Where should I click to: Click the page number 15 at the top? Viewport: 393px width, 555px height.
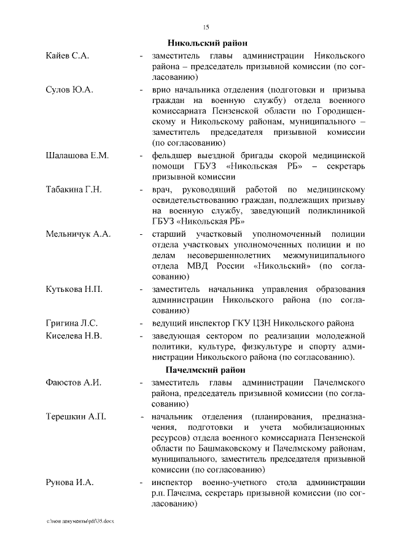(x=206, y=26)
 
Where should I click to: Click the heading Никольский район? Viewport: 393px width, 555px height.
(x=208, y=43)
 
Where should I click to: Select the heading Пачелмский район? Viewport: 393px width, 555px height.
(x=205, y=370)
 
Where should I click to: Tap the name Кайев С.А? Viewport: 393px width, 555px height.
(x=68, y=56)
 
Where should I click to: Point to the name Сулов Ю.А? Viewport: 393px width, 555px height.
(x=69, y=90)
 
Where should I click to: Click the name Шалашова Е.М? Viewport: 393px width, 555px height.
(x=77, y=155)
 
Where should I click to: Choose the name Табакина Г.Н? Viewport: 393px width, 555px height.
(x=74, y=189)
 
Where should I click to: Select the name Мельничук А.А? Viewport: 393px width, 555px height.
(x=77, y=234)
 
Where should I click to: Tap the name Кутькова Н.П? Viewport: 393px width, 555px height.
(x=74, y=289)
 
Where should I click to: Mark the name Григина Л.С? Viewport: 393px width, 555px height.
(x=72, y=323)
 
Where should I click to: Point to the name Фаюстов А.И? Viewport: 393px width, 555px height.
(x=74, y=383)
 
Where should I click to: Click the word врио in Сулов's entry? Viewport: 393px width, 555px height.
(x=162, y=90)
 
